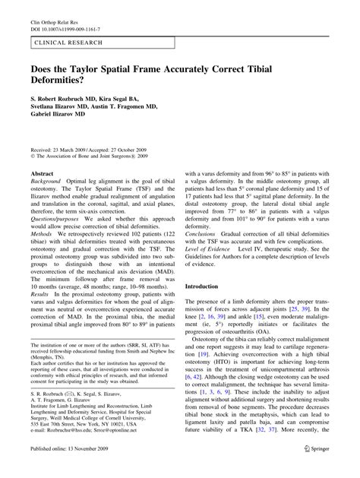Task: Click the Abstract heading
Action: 43,173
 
